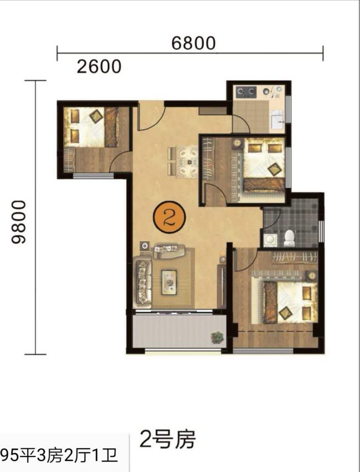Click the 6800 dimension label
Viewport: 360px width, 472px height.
pyautogui.click(x=193, y=43)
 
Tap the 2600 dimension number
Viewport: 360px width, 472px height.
pyautogui.click(x=99, y=67)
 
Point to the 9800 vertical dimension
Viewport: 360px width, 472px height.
pyautogui.click(x=18, y=222)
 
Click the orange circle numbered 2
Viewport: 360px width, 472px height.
pyautogui.click(x=169, y=217)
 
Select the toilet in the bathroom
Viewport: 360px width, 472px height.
pyautogui.click(x=289, y=238)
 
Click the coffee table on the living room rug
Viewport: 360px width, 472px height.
pyautogui.click(x=169, y=282)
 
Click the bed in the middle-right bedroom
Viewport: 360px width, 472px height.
pyautogui.click(x=264, y=165)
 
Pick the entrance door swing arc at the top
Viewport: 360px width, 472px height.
pyautogui.click(x=152, y=118)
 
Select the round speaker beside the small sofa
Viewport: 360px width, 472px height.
pyautogui.click(x=144, y=246)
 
